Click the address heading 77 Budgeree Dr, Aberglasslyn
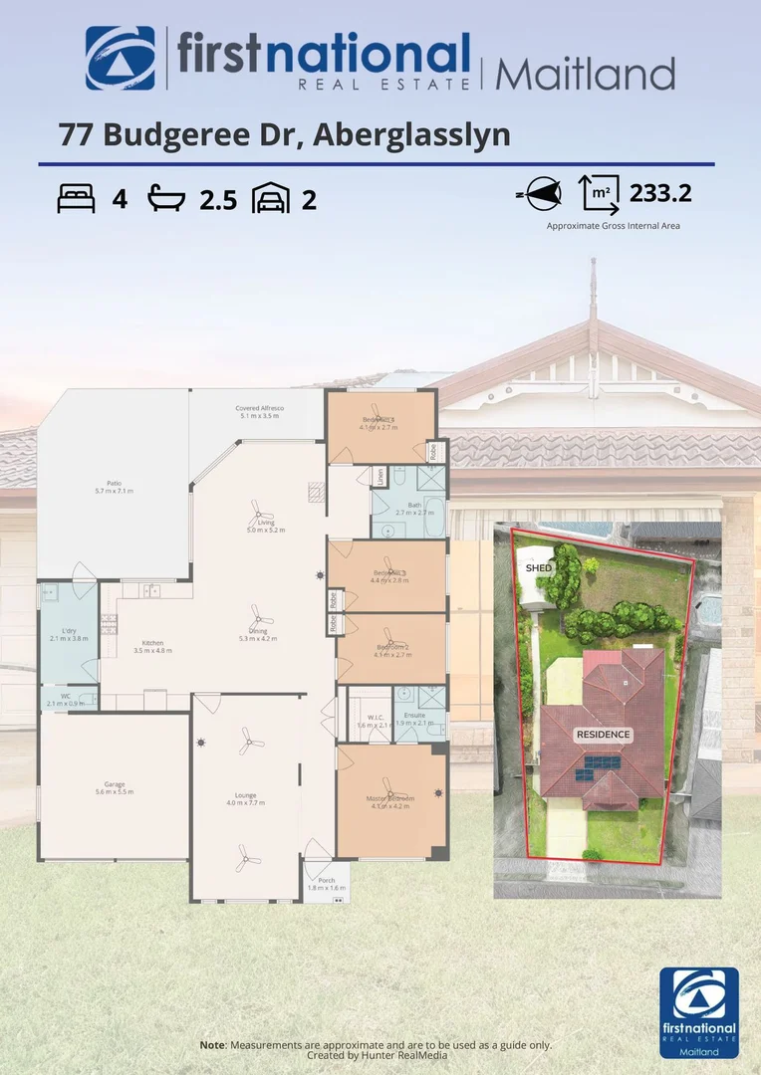point(284,133)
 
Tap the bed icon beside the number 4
point(77,199)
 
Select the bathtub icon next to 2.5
point(166,199)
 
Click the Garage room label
point(114,787)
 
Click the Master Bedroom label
point(391,801)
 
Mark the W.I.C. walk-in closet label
point(368,721)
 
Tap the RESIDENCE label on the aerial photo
point(602,735)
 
